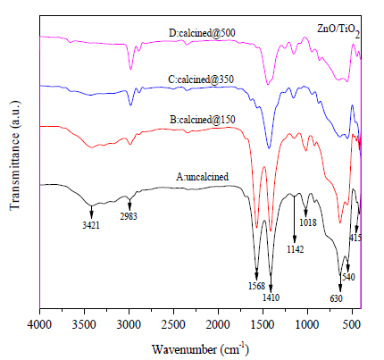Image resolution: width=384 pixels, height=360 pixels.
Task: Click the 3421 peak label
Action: pyautogui.click(x=91, y=225)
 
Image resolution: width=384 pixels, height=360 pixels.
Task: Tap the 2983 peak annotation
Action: pyautogui.click(x=129, y=216)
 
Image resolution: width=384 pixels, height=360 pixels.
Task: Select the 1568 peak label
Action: pyautogui.click(x=256, y=286)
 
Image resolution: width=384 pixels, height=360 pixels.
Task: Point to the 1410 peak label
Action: pyautogui.click(x=271, y=297)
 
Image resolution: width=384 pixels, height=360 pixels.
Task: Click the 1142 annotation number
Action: pyautogui.click(x=296, y=249)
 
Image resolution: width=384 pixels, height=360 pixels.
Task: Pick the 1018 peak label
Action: pyautogui.click(x=308, y=222)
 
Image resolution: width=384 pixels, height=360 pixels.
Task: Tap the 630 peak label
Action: pyautogui.click(x=337, y=298)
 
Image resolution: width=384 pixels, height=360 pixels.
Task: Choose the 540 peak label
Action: pyautogui.click(x=348, y=277)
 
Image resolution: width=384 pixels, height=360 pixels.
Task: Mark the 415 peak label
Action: pyautogui.click(x=355, y=238)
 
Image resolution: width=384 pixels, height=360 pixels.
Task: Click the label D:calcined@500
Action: pyautogui.click(x=202, y=33)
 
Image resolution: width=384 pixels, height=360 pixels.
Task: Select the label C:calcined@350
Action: pyautogui.click(x=201, y=80)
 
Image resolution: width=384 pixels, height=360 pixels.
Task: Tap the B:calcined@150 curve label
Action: pyautogui.click(x=203, y=120)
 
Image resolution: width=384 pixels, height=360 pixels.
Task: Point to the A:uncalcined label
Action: pyautogui.click(x=202, y=177)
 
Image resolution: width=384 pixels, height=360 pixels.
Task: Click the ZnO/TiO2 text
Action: pyautogui.click(x=338, y=30)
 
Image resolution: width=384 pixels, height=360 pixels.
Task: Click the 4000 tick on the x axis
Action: pyautogui.click(x=40, y=324)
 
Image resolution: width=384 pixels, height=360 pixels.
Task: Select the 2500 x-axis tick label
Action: pyautogui.click(x=173, y=324)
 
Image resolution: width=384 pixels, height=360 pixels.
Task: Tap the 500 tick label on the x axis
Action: pyautogui.click(x=352, y=324)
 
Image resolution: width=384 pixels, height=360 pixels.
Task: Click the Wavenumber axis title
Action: pyautogui.click(x=200, y=348)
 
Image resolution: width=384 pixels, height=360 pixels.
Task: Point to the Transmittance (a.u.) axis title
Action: pyautogui.click(x=15, y=155)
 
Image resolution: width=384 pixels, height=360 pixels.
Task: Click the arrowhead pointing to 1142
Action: pyautogui.click(x=295, y=239)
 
